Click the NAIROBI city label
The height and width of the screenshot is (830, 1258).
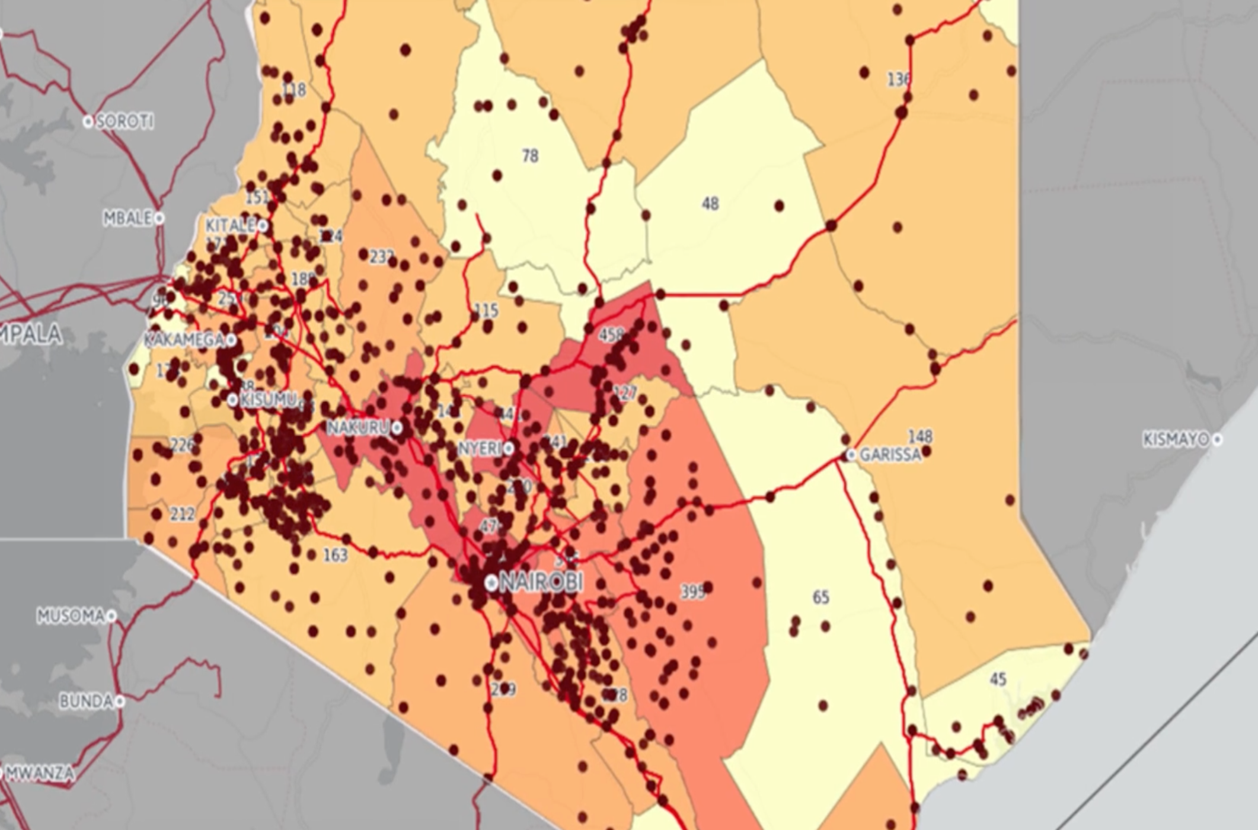click(x=541, y=582)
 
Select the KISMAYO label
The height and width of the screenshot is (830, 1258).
click(x=1176, y=440)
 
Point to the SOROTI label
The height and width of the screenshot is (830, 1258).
click(x=124, y=122)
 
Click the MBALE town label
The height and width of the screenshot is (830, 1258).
click(x=128, y=218)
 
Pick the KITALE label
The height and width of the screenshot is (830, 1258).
click(x=230, y=226)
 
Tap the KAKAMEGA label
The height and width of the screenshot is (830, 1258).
click(x=184, y=340)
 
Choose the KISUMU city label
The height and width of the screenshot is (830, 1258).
click(x=267, y=400)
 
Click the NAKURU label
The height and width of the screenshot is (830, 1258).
click(x=358, y=427)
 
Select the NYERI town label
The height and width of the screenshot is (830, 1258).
click(x=480, y=449)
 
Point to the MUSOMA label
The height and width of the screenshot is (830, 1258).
click(x=71, y=616)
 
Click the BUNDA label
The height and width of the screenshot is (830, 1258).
click(x=86, y=701)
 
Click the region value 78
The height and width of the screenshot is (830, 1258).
click(x=530, y=156)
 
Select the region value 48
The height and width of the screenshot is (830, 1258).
click(x=710, y=204)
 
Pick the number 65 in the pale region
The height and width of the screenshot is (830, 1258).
click(x=820, y=597)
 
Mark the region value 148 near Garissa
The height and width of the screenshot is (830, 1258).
click(x=920, y=437)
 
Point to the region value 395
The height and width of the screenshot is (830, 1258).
click(x=692, y=591)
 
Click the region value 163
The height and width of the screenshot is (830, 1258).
click(x=335, y=555)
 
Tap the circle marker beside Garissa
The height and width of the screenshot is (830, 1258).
click(x=851, y=455)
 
